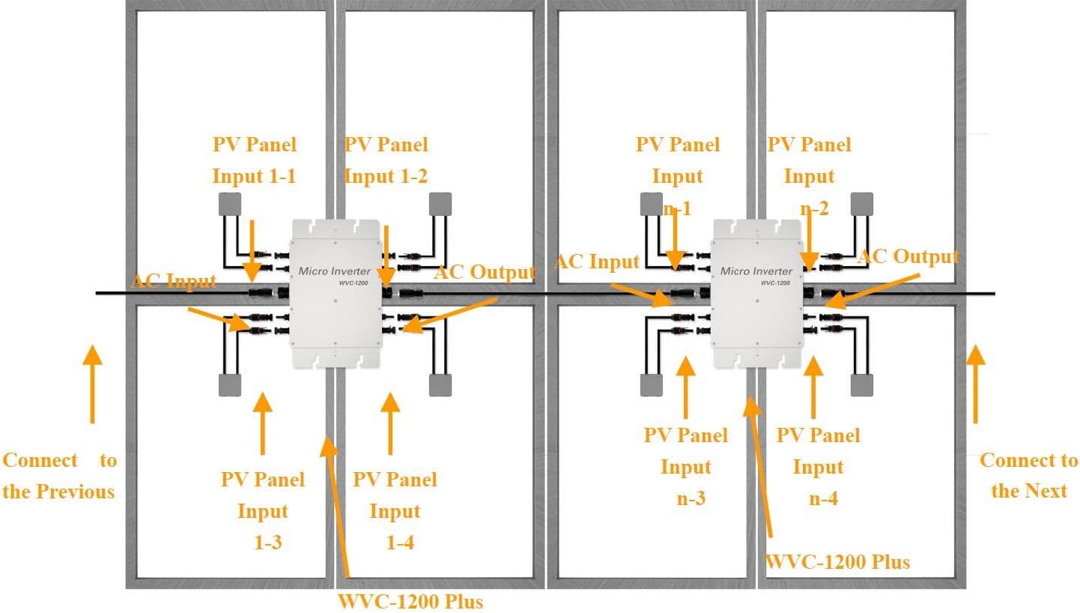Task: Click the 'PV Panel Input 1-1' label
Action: pyautogui.click(x=254, y=160)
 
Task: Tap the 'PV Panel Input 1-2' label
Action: pyautogui.click(x=386, y=160)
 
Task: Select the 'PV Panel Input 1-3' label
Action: pyautogui.click(x=263, y=510)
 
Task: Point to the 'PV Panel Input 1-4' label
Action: pyautogui.click(x=395, y=510)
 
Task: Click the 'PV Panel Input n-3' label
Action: pyautogui.click(x=685, y=466)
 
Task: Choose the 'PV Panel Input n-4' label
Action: pyautogui.click(x=818, y=466)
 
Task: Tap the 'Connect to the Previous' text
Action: pyautogui.click(x=59, y=475)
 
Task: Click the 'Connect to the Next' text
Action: pyautogui.click(x=1028, y=475)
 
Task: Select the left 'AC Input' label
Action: pyautogui.click(x=174, y=282)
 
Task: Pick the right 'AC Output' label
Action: pyautogui.click(x=908, y=257)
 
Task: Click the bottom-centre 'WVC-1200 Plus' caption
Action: pyautogui.click(x=410, y=601)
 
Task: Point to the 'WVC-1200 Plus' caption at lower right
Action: pyautogui.click(x=837, y=561)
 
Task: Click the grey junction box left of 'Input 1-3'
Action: pyautogui.click(x=229, y=384)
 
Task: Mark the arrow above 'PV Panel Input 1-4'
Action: pyautogui.click(x=390, y=423)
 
